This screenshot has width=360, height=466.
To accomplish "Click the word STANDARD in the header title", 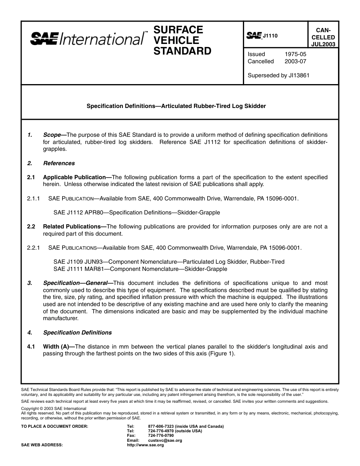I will [182, 51].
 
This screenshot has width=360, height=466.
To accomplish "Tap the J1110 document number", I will [270, 36].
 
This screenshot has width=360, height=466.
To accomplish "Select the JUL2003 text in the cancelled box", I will [323, 44].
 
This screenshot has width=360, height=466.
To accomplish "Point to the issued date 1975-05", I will [295, 54].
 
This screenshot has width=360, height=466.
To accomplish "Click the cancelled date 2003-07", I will [295, 61].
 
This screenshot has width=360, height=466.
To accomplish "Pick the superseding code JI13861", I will [298, 75].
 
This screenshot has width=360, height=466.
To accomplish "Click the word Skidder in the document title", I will [256, 106].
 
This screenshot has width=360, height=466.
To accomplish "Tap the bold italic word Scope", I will [52, 135].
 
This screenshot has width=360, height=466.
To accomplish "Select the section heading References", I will [59, 163].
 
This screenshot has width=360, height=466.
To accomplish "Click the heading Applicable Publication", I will [74, 177].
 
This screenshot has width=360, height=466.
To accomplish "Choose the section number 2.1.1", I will [34, 199].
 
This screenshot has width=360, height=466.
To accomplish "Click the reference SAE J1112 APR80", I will [78, 213].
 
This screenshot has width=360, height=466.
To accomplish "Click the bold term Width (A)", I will [56, 347].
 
